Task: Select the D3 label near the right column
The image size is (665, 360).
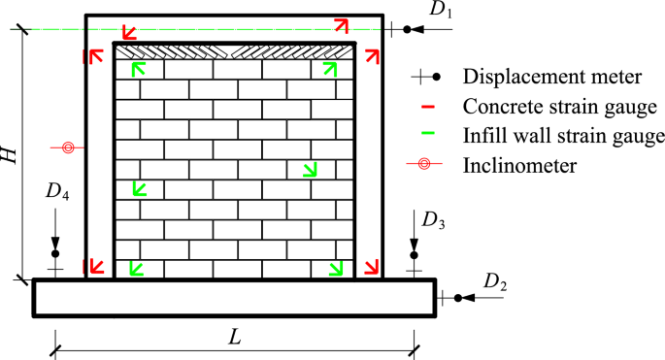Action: [x=434, y=221]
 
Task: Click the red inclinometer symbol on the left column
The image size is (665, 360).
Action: [x=68, y=148]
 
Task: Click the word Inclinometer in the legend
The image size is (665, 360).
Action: [x=520, y=165]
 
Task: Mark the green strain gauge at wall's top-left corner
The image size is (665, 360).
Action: [x=139, y=68]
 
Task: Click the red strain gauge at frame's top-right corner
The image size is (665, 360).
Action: [x=342, y=24]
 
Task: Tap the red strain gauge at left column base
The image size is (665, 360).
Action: [x=96, y=265]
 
